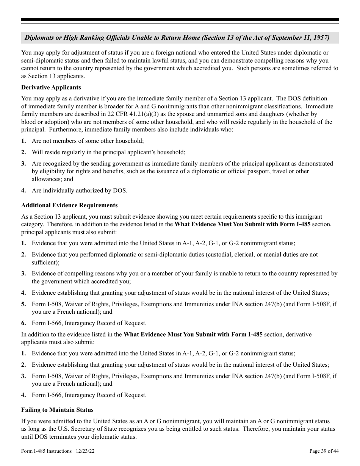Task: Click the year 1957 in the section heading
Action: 321,38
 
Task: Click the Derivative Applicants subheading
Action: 51,88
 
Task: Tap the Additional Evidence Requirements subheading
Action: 69,205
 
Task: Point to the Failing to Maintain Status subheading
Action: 57,410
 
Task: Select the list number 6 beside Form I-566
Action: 23,323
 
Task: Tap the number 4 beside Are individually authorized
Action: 23,191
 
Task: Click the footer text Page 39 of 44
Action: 324,451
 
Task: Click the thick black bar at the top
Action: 180,20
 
